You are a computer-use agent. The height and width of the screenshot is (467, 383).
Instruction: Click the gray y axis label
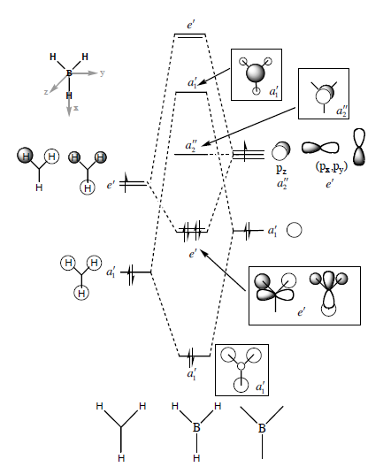click(x=102, y=73)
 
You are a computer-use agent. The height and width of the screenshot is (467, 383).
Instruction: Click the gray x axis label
click(x=76, y=108)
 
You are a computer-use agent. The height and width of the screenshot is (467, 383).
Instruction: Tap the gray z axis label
click(x=46, y=92)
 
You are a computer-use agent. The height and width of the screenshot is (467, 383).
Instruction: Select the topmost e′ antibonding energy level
click(x=190, y=35)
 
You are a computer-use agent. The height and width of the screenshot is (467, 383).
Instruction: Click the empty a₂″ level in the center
click(x=191, y=154)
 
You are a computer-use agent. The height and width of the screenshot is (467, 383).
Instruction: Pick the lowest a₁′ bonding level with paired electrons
click(x=195, y=356)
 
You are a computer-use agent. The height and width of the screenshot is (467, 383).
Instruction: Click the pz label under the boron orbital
click(x=281, y=169)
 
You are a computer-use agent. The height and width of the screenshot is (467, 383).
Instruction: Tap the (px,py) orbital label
click(x=332, y=168)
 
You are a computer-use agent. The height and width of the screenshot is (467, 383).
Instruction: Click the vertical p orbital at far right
click(x=359, y=147)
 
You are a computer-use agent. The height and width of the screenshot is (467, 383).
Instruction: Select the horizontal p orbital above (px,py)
click(x=320, y=148)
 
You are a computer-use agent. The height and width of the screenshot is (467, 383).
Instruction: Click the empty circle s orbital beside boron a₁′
click(x=295, y=230)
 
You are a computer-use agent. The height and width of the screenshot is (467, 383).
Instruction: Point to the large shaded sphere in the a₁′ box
click(x=256, y=73)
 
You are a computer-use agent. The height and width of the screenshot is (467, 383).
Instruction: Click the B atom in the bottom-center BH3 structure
click(x=196, y=428)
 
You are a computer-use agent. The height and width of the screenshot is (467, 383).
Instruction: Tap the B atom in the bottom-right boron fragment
click(x=262, y=428)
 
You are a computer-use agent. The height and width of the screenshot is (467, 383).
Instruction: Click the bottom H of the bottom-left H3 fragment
click(x=121, y=458)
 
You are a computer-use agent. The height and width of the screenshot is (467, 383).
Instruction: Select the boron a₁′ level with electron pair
click(x=248, y=231)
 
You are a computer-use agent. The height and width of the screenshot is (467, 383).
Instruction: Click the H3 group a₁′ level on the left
click(x=135, y=272)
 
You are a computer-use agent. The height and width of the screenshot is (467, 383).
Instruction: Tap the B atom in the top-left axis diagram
click(x=69, y=73)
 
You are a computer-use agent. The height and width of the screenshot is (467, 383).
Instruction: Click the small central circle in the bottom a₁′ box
click(x=241, y=366)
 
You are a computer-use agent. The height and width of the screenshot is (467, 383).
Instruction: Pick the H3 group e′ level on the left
click(x=134, y=184)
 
